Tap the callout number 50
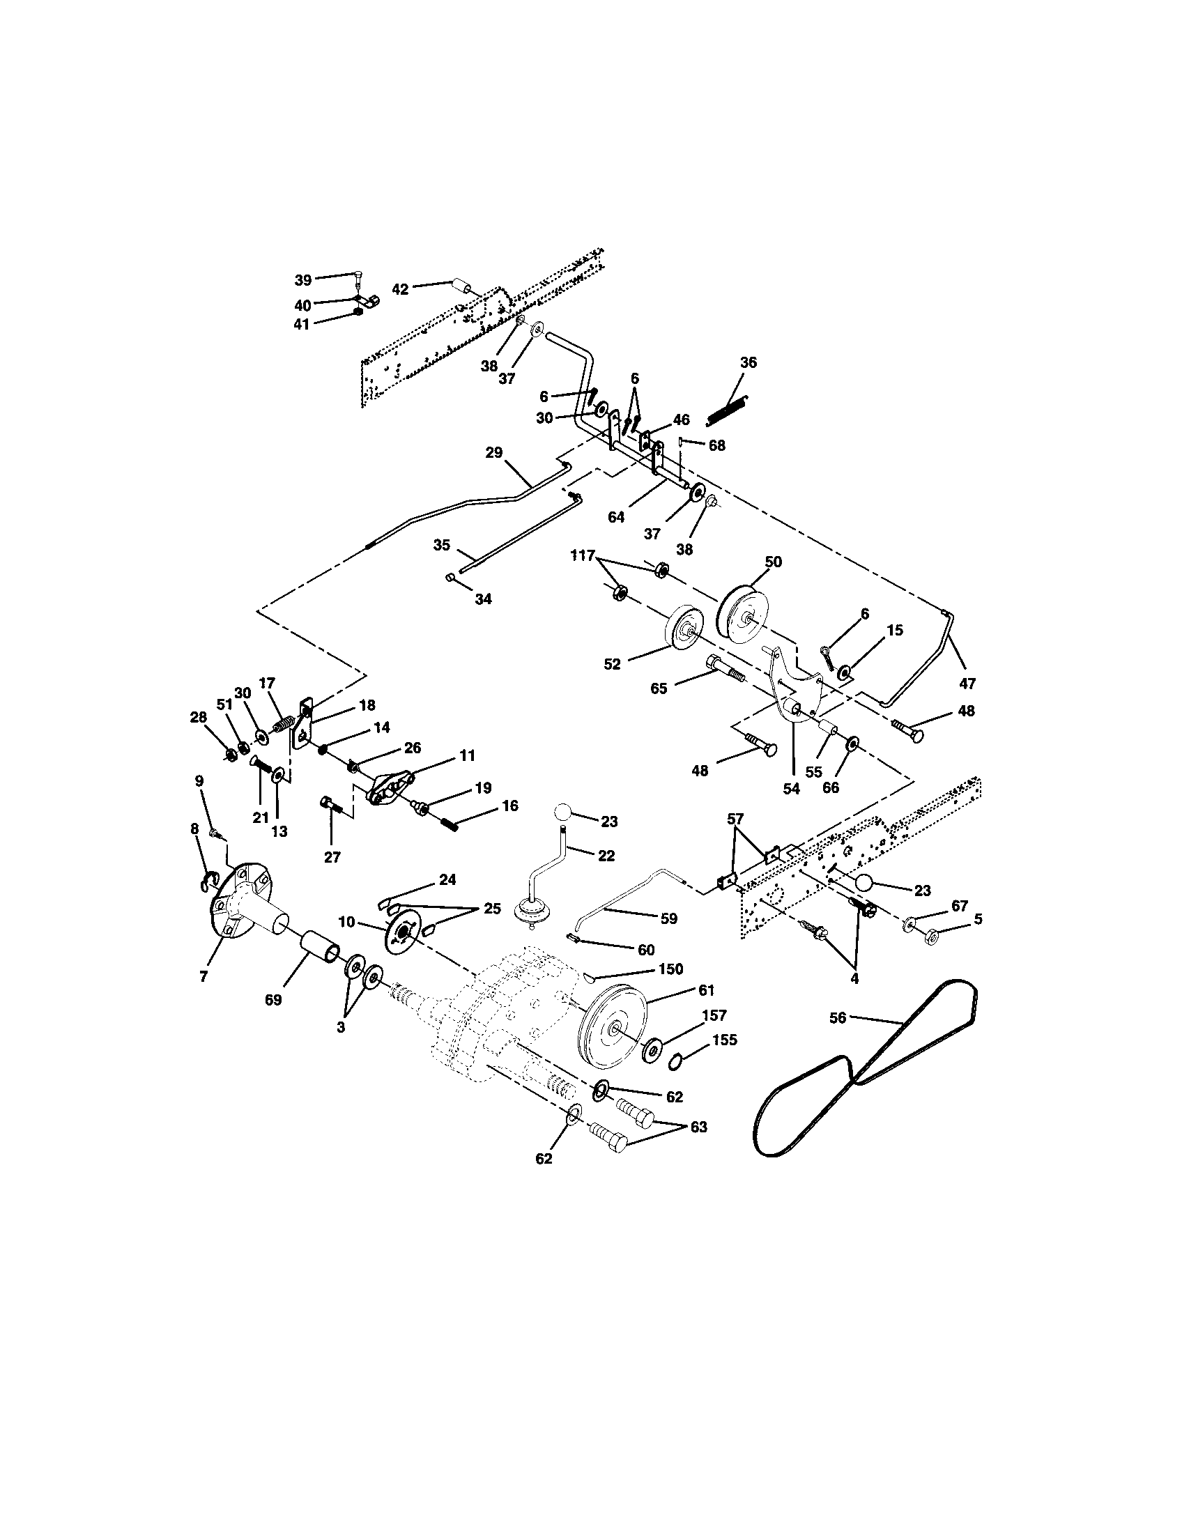pos(773,562)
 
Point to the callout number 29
pos(494,453)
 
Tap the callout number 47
pos(967,683)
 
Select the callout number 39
pos(302,280)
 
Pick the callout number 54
pos(791,788)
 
